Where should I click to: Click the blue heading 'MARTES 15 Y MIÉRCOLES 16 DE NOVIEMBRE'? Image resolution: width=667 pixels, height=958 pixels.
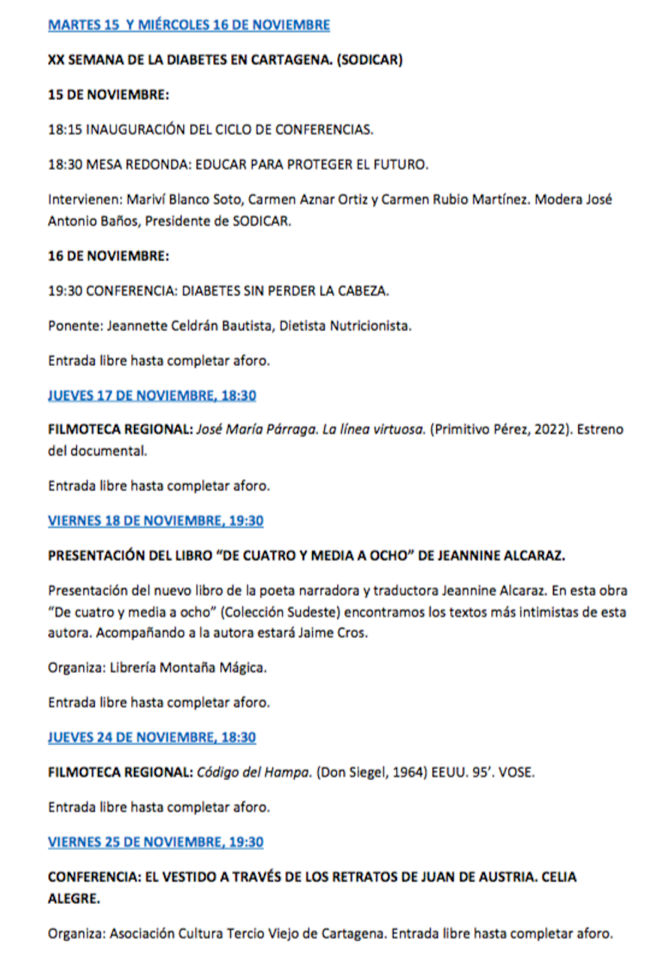pyautogui.click(x=189, y=25)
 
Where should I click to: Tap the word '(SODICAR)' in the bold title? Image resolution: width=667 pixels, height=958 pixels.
pyautogui.click(x=370, y=60)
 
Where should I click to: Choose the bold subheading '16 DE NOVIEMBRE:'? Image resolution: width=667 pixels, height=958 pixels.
pyautogui.click(x=108, y=256)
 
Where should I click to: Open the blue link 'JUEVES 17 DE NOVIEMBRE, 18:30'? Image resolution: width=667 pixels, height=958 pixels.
pyautogui.click(x=152, y=395)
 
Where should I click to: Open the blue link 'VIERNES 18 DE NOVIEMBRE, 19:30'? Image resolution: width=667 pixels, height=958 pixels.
pyautogui.click(x=155, y=521)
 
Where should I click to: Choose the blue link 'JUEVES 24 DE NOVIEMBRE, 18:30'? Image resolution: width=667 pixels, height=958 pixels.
pyautogui.click(x=152, y=737)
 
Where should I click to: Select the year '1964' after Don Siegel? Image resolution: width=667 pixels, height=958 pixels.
pyautogui.click(x=408, y=772)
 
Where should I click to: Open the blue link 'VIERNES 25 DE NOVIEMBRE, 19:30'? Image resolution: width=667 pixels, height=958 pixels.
pyautogui.click(x=155, y=842)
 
